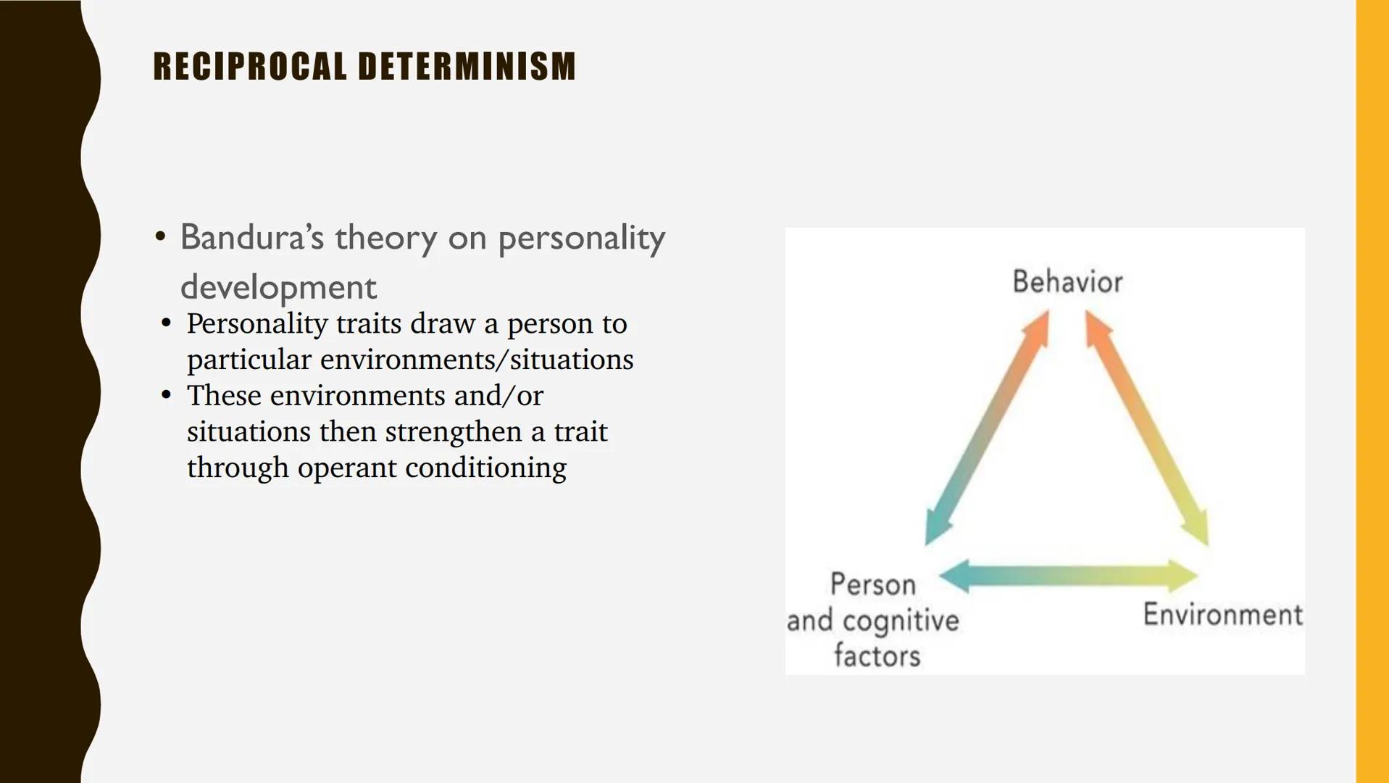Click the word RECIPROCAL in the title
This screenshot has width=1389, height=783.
point(250,67)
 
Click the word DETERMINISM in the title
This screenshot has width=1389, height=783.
point(467,67)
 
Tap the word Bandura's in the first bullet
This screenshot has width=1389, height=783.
point(251,238)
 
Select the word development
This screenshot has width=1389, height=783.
point(278,287)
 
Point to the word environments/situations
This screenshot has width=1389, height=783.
point(477,360)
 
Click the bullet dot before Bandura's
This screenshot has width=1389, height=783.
point(161,236)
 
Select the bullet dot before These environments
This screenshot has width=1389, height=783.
point(167,394)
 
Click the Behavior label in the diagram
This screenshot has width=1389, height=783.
point(1067,282)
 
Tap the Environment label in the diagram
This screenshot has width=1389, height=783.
point(1222,615)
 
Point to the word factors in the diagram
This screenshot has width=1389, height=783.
point(877,656)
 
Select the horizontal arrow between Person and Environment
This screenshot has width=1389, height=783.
point(1068,576)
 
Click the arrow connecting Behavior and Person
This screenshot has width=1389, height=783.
point(988,428)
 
